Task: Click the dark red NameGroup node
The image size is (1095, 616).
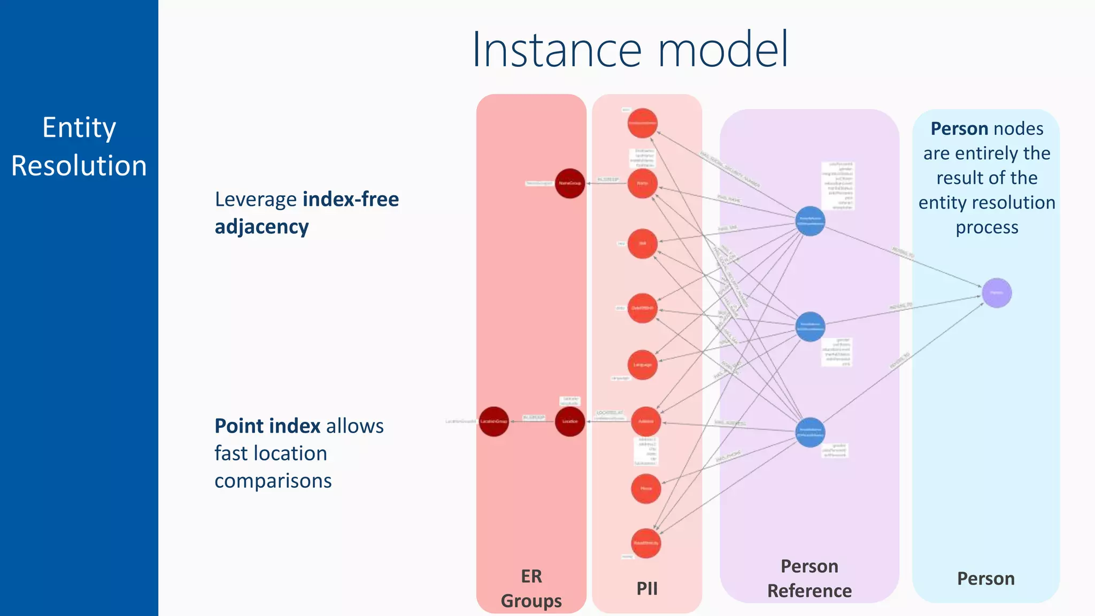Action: [x=569, y=183]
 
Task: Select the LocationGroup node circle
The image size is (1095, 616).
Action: [x=493, y=421]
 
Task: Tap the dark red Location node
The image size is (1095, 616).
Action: [x=569, y=421]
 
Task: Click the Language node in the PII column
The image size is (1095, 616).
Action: [x=642, y=365]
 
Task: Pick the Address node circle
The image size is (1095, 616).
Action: [x=646, y=421]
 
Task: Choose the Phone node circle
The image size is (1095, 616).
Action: [x=646, y=488]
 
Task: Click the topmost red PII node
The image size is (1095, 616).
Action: [x=642, y=123]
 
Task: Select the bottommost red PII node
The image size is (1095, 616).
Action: [x=646, y=543]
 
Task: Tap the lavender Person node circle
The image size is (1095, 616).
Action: [x=997, y=293]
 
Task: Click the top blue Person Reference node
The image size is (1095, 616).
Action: [x=810, y=221]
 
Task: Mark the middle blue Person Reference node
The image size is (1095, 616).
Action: [x=810, y=326]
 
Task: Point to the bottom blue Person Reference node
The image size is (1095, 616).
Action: [x=810, y=432]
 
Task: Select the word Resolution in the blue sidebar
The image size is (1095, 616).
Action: [x=79, y=165]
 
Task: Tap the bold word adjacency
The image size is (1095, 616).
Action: [x=261, y=227]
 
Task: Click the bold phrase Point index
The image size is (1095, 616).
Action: [x=267, y=426]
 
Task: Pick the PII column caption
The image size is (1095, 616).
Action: [x=647, y=588]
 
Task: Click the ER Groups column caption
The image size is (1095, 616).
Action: [x=531, y=589]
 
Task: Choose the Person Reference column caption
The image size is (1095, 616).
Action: [x=809, y=579]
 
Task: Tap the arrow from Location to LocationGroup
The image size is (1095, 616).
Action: [x=532, y=421]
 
